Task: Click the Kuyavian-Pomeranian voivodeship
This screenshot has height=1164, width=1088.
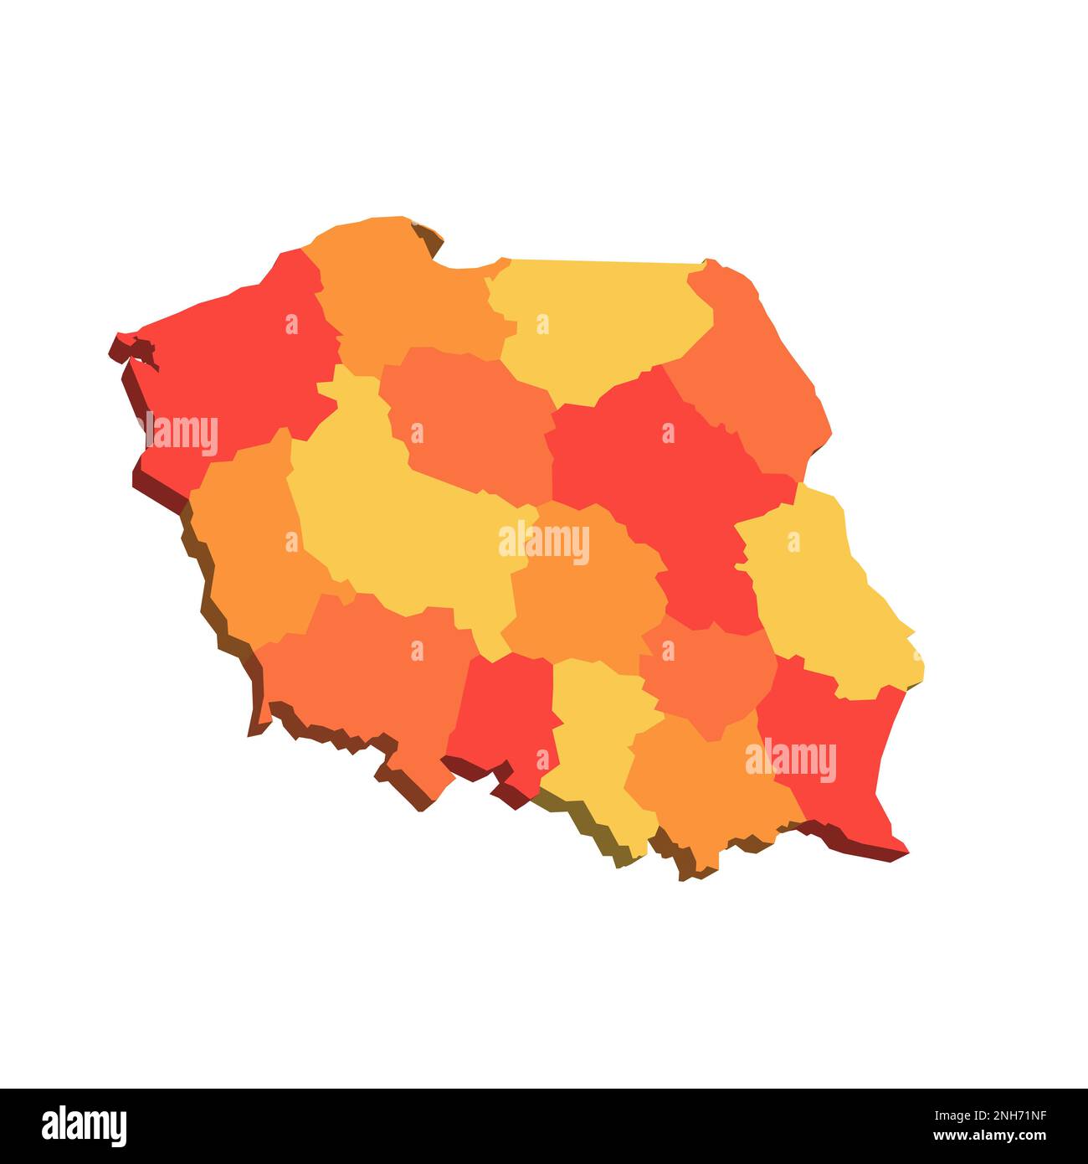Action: pos(469,419)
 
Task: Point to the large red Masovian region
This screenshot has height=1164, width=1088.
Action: pos(661,469)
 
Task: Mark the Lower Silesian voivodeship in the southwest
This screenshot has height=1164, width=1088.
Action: pos(368,670)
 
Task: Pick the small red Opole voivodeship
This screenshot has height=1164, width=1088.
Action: pos(502,712)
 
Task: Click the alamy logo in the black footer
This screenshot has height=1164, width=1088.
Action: pos(84,1126)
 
